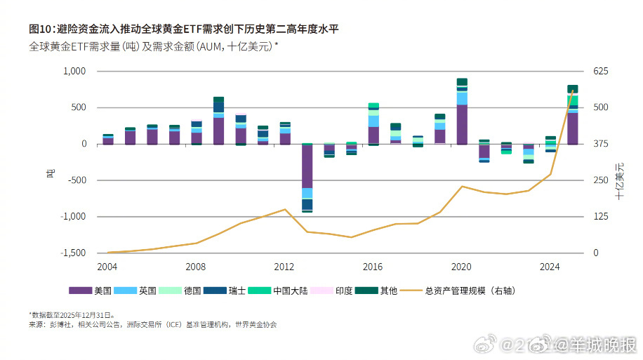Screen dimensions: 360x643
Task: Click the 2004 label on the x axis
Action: pyautogui.click(x=107, y=267)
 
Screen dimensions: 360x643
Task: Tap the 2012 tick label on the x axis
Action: pyautogui.click(x=284, y=267)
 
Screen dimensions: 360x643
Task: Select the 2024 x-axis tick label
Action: pyautogui.click(x=550, y=267)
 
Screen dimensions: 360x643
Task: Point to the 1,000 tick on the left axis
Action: pyautogui.click(x=74, y=72)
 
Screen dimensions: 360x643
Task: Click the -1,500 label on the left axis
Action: pyautogui.click(x=72, y=253)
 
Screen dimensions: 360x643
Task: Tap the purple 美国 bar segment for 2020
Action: pyautogui.click(x=461, y=124)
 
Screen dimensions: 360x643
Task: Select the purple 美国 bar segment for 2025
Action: pyautogui.click(x=572, y=128)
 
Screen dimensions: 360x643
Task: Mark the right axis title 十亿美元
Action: pyautogui.click(x=620, y=180)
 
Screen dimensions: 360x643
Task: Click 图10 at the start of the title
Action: pyautogui.click(x=39, y=29)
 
